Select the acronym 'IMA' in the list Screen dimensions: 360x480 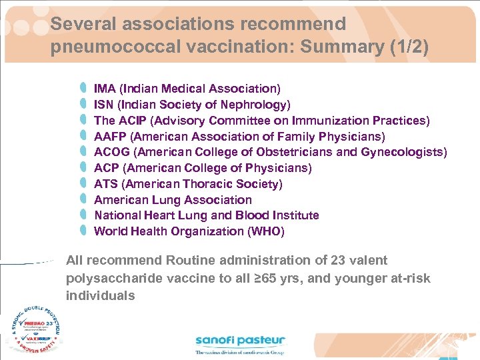pos(104,89)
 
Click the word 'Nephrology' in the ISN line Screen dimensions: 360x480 pos(255,105)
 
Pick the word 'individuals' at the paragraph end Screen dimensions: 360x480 pos(100,295)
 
